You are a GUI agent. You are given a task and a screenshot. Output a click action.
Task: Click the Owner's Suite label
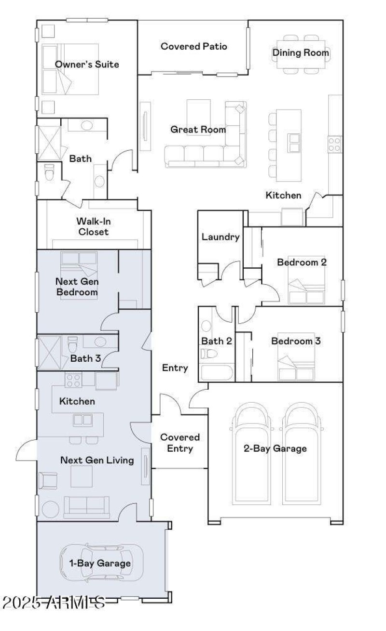(87, 65)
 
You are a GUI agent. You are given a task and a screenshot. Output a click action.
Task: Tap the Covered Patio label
(194, 47)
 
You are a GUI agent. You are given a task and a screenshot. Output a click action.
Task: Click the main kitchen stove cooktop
(335, 143)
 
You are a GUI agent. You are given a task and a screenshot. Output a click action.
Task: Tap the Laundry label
(221, 237)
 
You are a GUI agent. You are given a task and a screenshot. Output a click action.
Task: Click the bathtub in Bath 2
(216, 373)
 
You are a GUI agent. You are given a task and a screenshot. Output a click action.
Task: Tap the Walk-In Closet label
(92, 226)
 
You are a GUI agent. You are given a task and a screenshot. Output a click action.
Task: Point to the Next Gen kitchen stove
(73, 381)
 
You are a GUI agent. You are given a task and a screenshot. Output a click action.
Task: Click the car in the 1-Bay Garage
(101, 563)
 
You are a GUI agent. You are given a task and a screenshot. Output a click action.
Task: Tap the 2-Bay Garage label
(275, 449)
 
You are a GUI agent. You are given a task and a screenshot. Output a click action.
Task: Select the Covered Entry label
(180, 443)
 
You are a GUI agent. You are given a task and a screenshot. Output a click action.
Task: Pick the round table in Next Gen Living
(51, 510)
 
